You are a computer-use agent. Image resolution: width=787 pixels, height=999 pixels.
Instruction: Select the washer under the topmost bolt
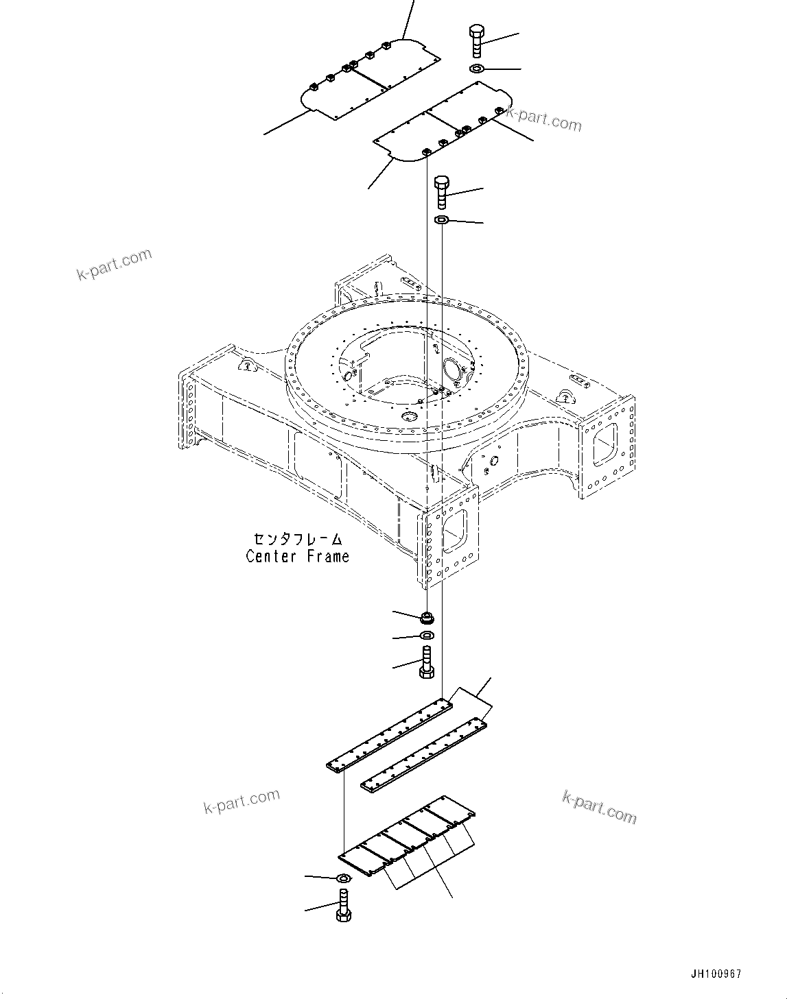point(477,69)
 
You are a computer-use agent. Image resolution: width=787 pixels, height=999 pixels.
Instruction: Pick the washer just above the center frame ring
point(442,220)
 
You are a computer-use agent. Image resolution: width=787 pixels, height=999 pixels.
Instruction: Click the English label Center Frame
point(297,556)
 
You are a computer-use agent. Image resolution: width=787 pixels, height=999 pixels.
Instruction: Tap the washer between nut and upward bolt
point(425,636)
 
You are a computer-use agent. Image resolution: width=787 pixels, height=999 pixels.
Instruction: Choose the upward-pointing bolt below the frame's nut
point(425,662)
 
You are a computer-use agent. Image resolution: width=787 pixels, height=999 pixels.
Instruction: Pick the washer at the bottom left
point(343,878)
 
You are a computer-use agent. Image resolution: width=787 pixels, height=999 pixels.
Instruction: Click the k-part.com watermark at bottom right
point(598,807)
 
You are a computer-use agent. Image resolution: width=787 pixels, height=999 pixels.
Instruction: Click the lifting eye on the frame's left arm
point(245,365)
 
